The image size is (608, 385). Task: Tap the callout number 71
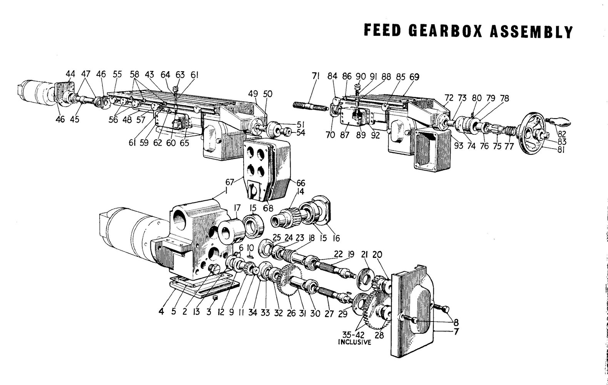click(316, 76)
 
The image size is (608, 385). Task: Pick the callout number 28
click(379, 335)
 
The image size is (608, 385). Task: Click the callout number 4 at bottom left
click(162, 312)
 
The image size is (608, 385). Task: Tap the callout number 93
click(458, 146)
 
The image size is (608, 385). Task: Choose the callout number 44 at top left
click(70, 74)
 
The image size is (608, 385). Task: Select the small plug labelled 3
click(215, 298)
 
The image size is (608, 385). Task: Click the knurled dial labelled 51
click(274, 129)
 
